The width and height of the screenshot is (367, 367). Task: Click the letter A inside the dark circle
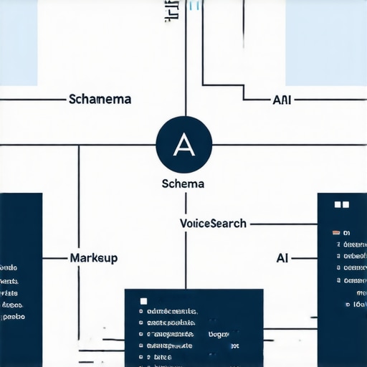(185, 145)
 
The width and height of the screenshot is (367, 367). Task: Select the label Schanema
(100, 99)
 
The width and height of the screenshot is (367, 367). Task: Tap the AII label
(282, 100)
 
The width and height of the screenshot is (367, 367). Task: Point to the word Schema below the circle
(184, 183)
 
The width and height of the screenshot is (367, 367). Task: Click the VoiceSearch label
(213, 223)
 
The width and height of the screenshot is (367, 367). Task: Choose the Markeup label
(94, 257)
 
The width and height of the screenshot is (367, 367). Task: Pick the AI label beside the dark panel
(282, 257)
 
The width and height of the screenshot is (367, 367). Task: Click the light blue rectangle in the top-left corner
(19, 43)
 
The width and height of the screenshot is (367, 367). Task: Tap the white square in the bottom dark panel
(143, 301)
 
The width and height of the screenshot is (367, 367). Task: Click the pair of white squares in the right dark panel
(341, 205)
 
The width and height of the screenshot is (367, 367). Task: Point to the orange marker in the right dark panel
(335, 233)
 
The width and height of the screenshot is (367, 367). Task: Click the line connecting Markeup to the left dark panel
(56, 257)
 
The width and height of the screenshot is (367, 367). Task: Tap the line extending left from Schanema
(32, 99)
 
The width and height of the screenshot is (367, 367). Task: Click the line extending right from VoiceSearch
(283, 224)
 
